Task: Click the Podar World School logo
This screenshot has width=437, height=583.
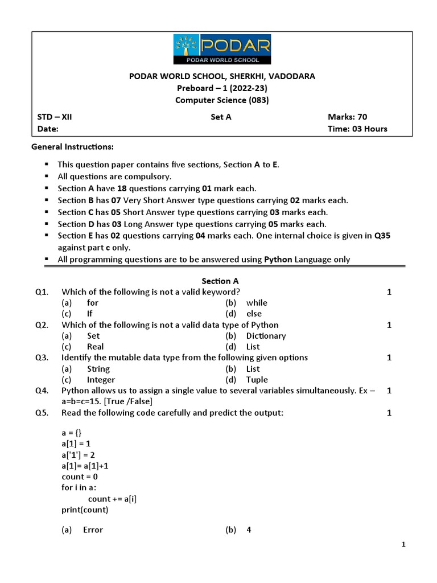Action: [x=222, y=49]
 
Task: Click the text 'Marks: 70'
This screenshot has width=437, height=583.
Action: [x=348, y=117]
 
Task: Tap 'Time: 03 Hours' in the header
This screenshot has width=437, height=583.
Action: [x=357, y=129]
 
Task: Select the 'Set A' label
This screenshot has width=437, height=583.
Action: [x=221, y=117]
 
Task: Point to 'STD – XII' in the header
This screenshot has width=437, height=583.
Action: [x=55, y=117]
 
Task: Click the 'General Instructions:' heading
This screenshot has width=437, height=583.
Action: [x=72, y=147]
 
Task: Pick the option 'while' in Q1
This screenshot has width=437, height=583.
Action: [x=257, y=303]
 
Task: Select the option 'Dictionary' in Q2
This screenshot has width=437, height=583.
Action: [x=266, y=336]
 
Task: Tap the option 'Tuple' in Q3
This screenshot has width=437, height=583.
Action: [x=257, y=380]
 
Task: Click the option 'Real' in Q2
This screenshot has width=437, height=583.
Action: [x=95, y=347]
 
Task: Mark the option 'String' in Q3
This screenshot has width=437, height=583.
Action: [x=98, y=369]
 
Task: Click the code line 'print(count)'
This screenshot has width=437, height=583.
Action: [x=85, y=510]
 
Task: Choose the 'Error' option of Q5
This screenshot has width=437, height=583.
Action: [x=93, y=530]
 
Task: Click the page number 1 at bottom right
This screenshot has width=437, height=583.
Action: [x=403, y=545]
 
